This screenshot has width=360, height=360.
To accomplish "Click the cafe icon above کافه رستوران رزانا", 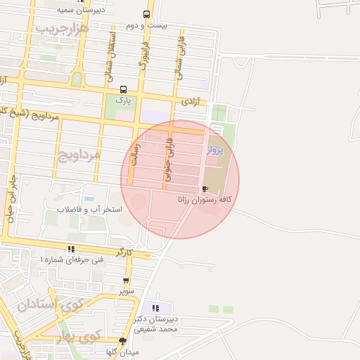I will (205, 188).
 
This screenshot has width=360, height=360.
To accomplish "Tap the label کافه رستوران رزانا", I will (205, 200).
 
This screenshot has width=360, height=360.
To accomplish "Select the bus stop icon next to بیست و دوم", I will (146, 15).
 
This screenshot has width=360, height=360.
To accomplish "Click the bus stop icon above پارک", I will (124, 89).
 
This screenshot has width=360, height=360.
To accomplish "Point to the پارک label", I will (124, 101).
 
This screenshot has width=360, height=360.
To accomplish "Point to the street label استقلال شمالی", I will (113, 52).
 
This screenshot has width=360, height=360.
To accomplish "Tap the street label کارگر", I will (124, 251).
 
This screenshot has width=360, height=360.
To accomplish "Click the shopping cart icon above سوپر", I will (126, 281).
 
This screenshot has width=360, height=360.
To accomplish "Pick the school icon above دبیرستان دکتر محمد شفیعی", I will (155, 308).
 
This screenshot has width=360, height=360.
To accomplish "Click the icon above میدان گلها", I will (123, 341).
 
